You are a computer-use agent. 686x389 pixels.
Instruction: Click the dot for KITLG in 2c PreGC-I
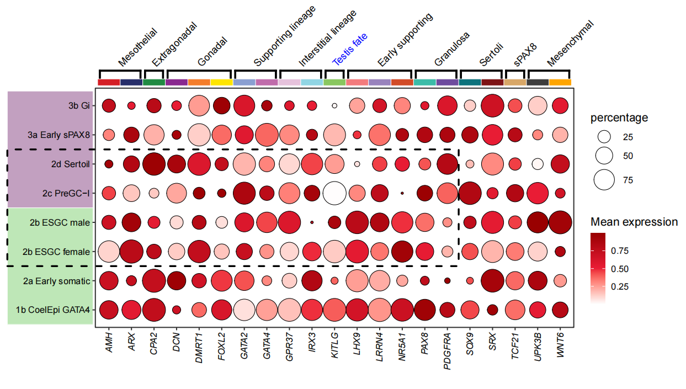coord(334,193)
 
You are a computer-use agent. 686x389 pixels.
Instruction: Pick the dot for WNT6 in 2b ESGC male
coord(560,222)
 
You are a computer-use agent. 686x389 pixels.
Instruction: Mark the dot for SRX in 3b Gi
coord(492,105)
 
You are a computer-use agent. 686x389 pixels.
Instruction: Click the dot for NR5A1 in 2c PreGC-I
coord(402,193)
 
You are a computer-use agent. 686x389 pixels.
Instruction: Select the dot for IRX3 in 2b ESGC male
coord(312,222)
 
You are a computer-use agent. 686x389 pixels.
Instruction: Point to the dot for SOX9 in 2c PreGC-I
coord(470,193)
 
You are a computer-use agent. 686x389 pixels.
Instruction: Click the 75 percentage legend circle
coord(605,180)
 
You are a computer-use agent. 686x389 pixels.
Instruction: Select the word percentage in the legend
coord(619,118)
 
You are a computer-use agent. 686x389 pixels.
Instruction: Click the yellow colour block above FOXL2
coord(221,82)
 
